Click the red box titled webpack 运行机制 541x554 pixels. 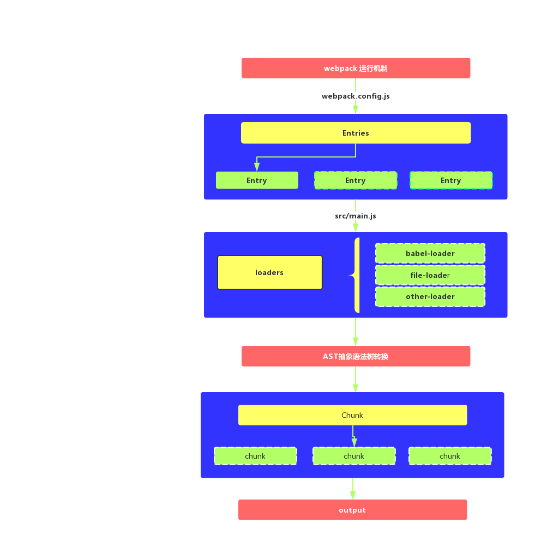(356, 68)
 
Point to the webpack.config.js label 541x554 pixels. (356, 96)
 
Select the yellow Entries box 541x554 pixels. (356, 133)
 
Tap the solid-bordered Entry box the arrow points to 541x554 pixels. (257, 180)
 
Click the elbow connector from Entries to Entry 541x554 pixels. (306, 157)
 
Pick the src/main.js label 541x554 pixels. (356, 216)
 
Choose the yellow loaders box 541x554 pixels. (270, 272)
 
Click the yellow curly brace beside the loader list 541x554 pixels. (356, 275)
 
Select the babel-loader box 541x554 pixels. (430, 253)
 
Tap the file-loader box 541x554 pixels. (430, 275)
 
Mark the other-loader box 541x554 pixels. (430, 297)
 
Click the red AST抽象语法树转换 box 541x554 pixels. (356, 356)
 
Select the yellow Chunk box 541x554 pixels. (352, 415)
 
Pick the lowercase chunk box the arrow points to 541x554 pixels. (354, 456)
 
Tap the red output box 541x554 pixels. (352, 510)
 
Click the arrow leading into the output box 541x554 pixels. (353, 489)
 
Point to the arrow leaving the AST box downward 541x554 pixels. (356, 380)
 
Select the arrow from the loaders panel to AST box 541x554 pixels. (356, 332)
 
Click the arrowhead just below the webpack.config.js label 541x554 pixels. (356, 109)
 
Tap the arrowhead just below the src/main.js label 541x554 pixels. (356, 228)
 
